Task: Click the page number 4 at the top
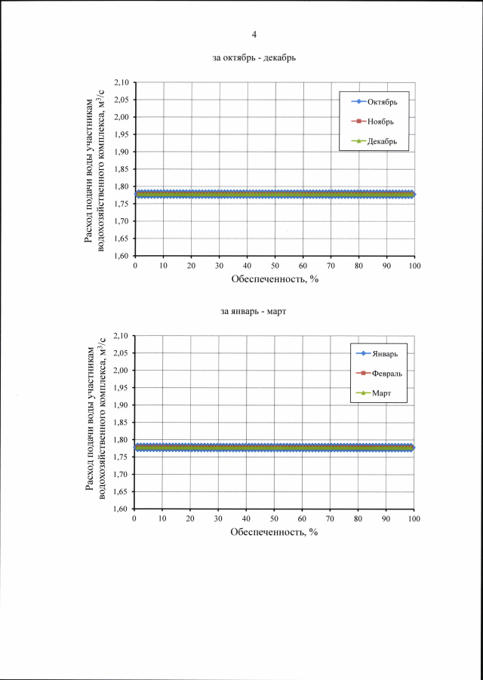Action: point(254,34)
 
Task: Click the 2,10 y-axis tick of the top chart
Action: point(121,82)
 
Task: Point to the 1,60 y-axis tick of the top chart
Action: point(121,256)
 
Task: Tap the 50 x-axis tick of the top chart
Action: point(275,266)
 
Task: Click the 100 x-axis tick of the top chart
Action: point(414,266)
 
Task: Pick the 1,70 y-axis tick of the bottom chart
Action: point(121,474)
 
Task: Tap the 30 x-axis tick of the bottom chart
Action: point(218,519)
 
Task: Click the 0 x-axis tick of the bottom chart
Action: point(134,519)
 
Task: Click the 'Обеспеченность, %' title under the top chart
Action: point(275,279)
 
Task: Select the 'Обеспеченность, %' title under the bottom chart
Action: point(275,532)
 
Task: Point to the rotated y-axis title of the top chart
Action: point(97,169)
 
